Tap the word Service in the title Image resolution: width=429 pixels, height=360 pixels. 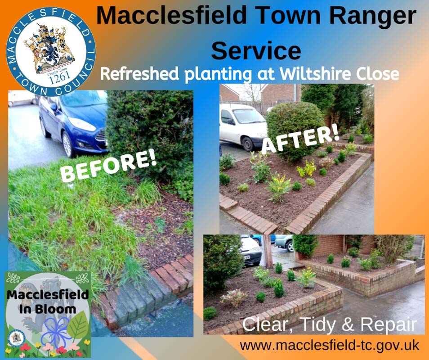click(x=256, y=50)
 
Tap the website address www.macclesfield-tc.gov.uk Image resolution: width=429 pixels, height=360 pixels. click(x=330, y=346)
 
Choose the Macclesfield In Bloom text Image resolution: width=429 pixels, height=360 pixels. click(x=48, y=302)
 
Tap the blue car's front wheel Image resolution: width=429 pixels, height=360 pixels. click(x=67, y=144)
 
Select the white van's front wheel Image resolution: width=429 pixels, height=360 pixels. click(x=248, y=144)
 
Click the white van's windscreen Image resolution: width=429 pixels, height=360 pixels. click(x=248, y=116)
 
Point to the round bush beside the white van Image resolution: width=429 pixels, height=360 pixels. click(x=295, y=130)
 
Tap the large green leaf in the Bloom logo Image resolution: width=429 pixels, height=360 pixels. click(x=79, y=325)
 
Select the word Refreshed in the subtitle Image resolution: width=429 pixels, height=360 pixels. click(x=139, y=74)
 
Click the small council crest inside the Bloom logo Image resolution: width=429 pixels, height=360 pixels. click(x=17, y=338)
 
